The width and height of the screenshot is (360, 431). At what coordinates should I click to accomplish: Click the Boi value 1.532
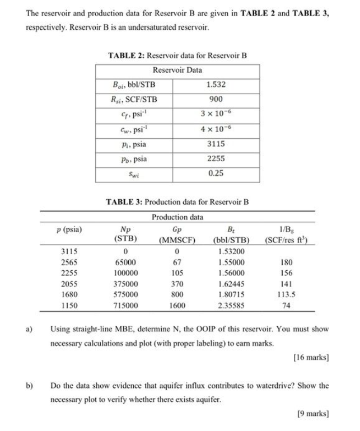(216, 85)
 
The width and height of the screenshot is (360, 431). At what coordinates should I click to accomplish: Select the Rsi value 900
(216, 99)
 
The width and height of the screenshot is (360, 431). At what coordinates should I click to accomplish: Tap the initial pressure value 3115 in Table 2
(216, 143)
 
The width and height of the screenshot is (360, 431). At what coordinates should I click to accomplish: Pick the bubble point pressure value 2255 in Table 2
(216, 158)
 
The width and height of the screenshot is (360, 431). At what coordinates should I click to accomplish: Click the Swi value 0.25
(216, 173)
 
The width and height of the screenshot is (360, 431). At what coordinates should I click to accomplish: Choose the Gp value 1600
(176, 306)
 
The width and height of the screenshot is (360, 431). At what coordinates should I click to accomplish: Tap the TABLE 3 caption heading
(177, 202)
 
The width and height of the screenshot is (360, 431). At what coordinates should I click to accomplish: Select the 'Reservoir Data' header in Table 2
(177, 70)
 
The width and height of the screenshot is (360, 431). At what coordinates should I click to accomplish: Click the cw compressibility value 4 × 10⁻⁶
(216, 129)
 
